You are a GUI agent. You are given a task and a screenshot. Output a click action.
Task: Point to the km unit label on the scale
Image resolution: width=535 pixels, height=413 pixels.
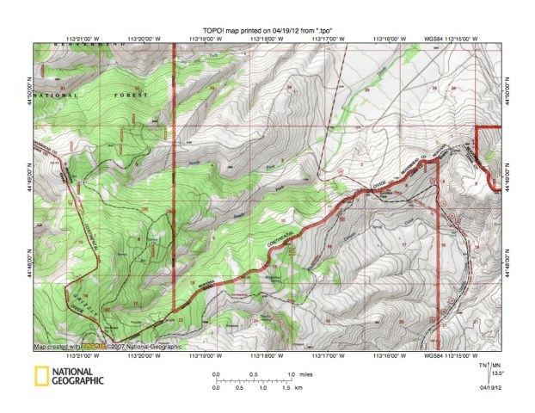click(298, 389)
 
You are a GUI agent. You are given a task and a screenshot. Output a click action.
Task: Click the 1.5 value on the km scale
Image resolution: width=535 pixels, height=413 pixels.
click(285, 389)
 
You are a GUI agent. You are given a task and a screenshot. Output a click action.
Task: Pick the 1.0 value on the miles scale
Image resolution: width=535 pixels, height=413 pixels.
click(290, 373)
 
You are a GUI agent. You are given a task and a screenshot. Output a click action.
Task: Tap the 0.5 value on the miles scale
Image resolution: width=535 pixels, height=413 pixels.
click(253, 373)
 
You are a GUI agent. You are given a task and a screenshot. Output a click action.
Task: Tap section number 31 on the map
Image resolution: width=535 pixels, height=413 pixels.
click(64, 88)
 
